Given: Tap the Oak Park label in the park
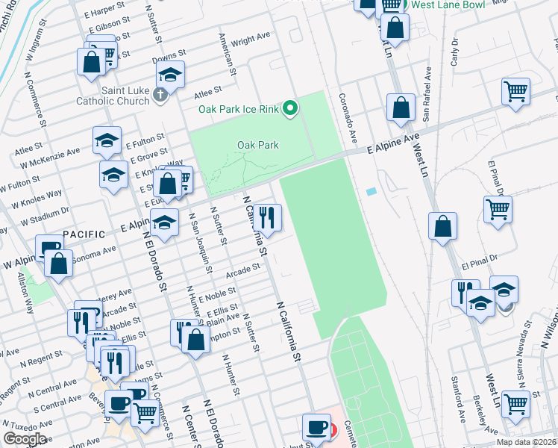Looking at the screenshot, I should point(258,145).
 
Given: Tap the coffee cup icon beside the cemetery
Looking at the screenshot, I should point(317,428).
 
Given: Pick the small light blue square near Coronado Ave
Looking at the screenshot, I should point(372,192).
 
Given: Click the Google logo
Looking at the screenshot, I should point(25,439).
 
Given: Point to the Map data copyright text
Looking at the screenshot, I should point(527,442).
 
